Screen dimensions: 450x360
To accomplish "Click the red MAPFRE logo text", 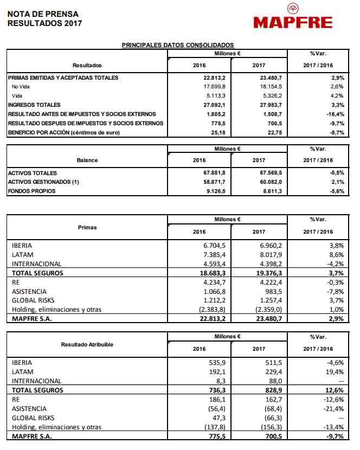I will coord(292,22).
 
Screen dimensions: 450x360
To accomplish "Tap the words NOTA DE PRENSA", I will coord(43,13).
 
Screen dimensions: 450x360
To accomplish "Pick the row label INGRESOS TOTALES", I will coord(34,105).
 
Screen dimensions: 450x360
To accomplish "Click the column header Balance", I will coord(87,160).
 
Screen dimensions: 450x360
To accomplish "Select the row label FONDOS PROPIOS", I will coord(33,191).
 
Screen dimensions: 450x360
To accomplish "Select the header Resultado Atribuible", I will coord(87,344).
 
